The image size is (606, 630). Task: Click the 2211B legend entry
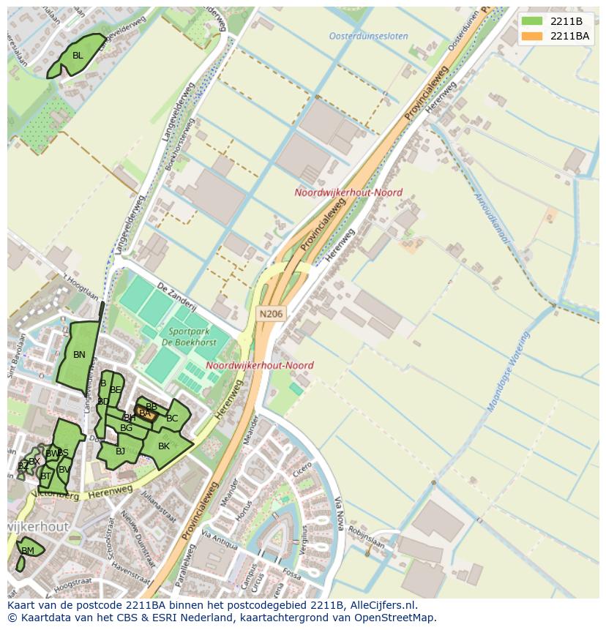(554, 20)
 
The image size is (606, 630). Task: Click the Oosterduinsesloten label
(368, 36)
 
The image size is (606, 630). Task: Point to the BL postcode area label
(78, 56)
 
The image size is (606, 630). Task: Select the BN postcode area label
(79, 355)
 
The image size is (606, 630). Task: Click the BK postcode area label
(164, 446)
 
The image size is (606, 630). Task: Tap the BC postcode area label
(172, 419)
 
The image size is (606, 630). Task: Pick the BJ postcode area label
(120, 451)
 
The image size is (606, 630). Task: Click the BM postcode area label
(28, 550)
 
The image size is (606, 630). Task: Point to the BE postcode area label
(115, 390)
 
